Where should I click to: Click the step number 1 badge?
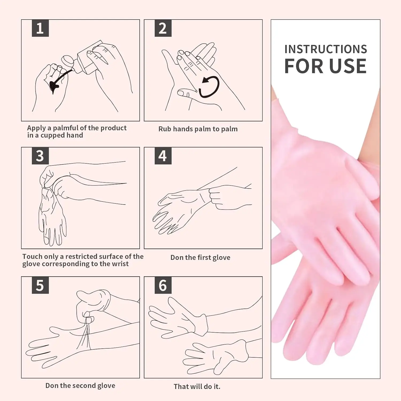[x=40, y=28]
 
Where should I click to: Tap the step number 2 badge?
[x=163, y=28]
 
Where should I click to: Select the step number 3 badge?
[x=40, y=156]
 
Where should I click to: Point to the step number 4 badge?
[x=163, y=156]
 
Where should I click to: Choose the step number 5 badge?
[x=40, y=285]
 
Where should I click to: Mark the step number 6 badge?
[x=163, y=285]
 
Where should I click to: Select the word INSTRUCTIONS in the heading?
[x=326, y=49]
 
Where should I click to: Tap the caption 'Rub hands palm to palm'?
[x=198, y=129]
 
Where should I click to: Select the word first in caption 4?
[x=204, y=257]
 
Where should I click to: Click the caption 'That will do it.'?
[x=197, y=387]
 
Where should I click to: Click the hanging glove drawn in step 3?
[x=52, y=217]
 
